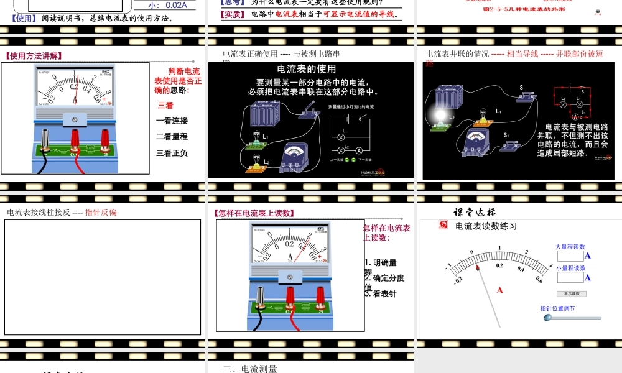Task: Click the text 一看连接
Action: pos(172,121)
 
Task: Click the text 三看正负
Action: pos(172,153)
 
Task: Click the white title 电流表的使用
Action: pos(307,69)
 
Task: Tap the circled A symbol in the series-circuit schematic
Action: pos(359,151)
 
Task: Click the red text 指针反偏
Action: pos(101,212)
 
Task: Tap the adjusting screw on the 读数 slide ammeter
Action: pos(290,276)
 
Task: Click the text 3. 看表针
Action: pos(381,293)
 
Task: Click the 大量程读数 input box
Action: pos(570,256)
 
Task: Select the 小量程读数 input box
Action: pos(570,277)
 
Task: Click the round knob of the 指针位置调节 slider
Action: pos(547,318)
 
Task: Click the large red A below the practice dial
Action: pos(499,290)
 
